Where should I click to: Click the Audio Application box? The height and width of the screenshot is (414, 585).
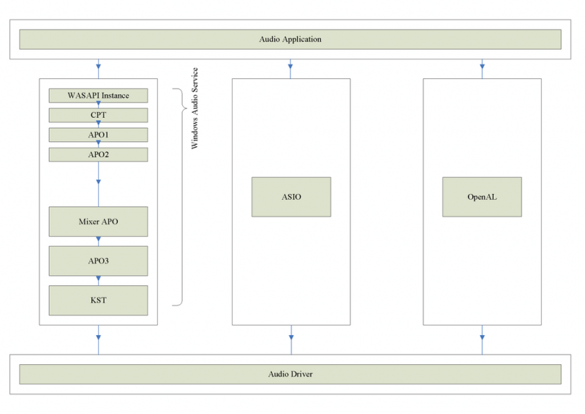point(290,39)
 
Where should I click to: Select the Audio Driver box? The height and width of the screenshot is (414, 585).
point(290,374)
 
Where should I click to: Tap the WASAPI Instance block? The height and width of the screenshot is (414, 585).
point(98,96)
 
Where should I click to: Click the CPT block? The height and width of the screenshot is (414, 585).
point(98,115)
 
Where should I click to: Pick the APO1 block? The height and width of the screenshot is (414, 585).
point(98,135)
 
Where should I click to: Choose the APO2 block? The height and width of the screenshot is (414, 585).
point(98,154)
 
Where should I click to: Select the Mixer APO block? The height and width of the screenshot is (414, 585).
point(98,222)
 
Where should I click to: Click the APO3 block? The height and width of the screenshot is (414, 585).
point(98,260)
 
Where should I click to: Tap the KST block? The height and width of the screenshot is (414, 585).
point(98,300)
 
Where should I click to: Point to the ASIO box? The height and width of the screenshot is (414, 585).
point(291,197)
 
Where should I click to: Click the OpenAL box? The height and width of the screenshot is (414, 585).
point(482,197)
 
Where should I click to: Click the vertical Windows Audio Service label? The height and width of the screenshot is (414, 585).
point(195,109)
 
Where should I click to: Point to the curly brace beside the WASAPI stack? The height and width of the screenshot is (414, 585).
point(179,197)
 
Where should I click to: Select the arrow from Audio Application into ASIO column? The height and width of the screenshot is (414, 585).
point(291,69)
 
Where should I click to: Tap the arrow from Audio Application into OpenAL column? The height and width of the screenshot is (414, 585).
point(482,69)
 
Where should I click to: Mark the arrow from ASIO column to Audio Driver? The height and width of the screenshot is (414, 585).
point(291,339)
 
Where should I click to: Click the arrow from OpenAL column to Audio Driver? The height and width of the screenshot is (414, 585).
point(482,339)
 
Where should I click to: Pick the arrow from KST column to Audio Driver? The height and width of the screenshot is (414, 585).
point(98,339)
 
